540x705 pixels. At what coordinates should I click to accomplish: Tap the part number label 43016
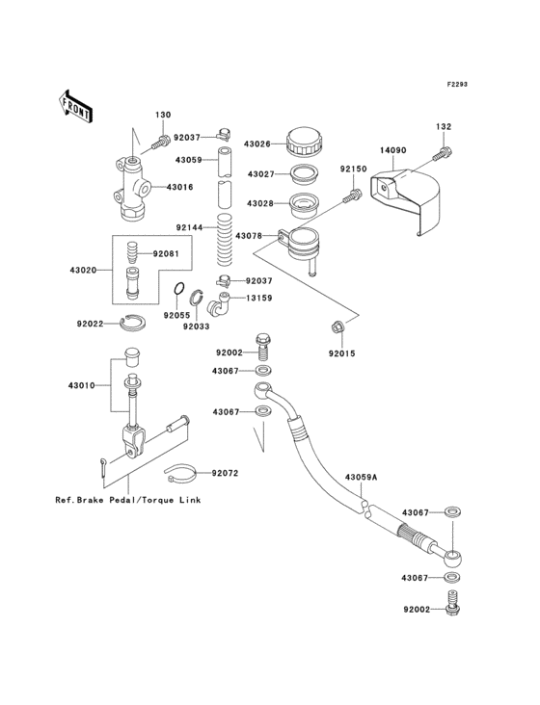tap(180, 187)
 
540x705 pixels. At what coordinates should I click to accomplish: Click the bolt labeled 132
tap(445, 151)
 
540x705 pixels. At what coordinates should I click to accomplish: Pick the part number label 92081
tap(166, 254)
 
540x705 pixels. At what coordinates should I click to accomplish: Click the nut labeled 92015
tap(337, 328)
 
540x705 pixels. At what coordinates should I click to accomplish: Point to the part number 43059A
tap(362, 478)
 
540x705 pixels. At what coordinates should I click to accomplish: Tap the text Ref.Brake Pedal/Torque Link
tap(121, 502)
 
